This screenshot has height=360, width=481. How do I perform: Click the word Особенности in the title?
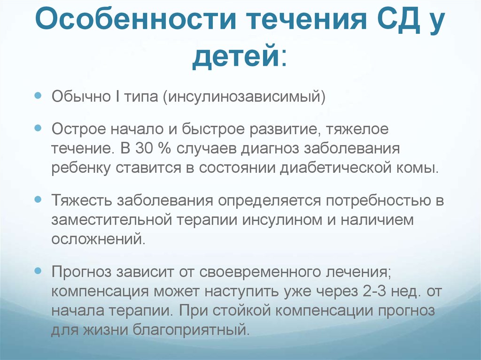135,19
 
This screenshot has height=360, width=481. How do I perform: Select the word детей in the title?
236,56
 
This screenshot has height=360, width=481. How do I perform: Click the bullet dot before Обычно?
38,96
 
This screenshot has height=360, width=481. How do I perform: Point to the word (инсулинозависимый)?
244,97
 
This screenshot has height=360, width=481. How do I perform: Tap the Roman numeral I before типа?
118,96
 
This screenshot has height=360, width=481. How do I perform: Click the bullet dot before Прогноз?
38,271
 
